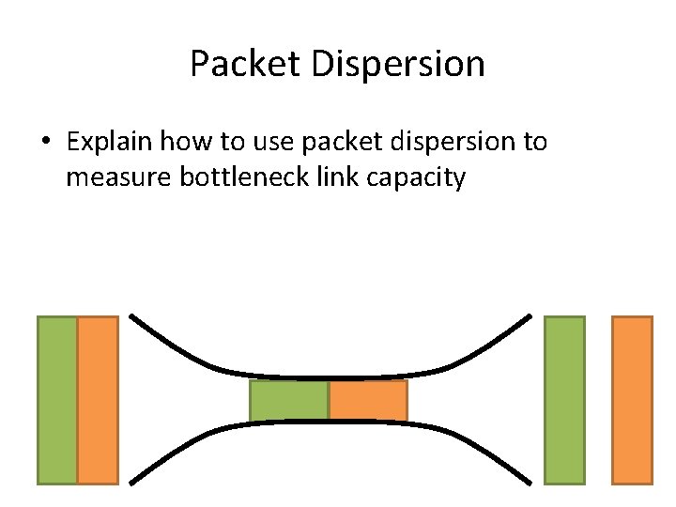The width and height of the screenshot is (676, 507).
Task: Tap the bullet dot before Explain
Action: [x=45, y=143]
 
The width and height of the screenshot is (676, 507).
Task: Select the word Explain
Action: [x=110, y=143]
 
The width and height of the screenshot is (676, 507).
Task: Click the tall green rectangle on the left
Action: [x=57, y=400]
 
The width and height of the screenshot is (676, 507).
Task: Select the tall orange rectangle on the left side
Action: [x=98, y=400]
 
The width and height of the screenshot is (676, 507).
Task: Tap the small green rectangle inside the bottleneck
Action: [x=289, y=400]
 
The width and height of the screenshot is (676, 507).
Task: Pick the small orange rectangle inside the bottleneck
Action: [x=368, y=400]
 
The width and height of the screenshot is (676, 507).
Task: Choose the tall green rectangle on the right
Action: [x=564, y=400]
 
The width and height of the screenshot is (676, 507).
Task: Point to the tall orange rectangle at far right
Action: [x=632, y=400]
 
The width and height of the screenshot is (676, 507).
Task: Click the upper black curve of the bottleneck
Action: [x=329, y=373]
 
